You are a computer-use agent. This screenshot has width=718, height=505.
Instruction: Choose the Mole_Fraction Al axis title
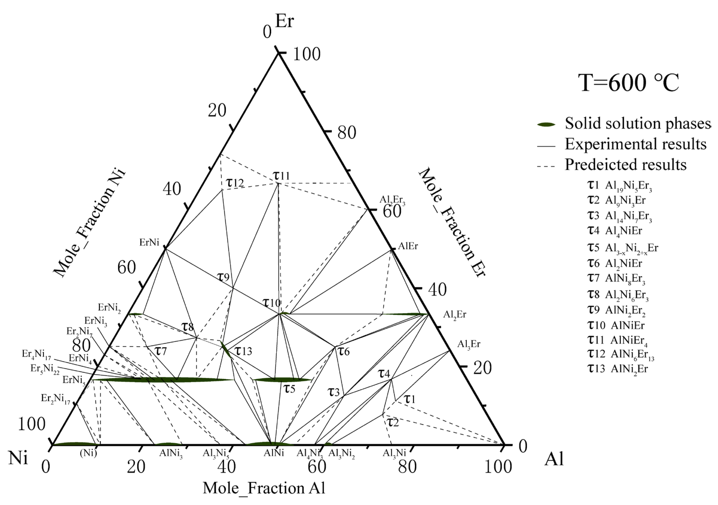point(264,488)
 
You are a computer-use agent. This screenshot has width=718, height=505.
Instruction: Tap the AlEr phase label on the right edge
point(408,246)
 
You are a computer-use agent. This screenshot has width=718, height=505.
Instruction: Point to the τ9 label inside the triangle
point(223,277)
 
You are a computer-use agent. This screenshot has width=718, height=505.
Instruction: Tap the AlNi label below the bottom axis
point(274,453)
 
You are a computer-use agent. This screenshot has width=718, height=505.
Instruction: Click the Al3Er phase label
point(469,344)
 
